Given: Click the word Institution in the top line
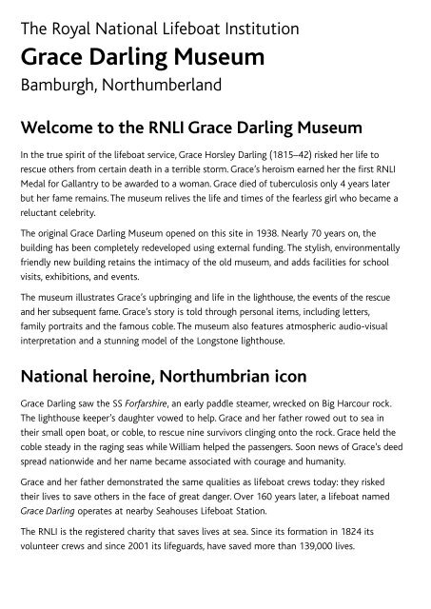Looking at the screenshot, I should tap(258, 29).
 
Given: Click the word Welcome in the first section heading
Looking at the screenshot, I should tap(64, 126).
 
